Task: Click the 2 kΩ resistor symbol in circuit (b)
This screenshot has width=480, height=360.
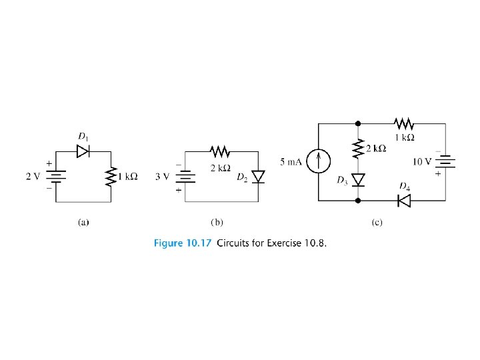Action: (x=218, y=151)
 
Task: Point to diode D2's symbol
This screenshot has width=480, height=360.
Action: (x=258, y=177)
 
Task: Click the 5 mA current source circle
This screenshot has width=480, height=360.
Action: (x=319, y=162)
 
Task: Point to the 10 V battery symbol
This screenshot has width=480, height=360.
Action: (x=445, y=162)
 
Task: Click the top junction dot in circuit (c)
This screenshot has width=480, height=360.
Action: (x=358, y=123)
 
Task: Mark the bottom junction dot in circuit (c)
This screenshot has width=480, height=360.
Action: (x=358, y=200)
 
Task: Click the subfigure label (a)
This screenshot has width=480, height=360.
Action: (x=83, y=222)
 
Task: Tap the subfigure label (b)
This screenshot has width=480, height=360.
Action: (x=217, y=222)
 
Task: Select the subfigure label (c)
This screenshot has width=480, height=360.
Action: (x=377, y=222)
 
